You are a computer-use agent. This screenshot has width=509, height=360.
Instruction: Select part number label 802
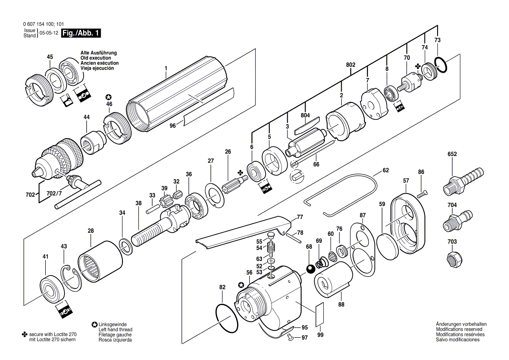click(350, 65)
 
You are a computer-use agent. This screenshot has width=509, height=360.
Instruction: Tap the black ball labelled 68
click(310, 269)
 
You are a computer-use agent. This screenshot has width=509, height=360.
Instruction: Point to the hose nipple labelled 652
click(463, 181)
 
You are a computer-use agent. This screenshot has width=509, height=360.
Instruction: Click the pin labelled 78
click(295, 238)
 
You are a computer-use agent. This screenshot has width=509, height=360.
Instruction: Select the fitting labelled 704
click(458, 219)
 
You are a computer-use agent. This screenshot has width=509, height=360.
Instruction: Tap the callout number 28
click(91, 231)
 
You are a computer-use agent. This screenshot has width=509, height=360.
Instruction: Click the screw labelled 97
click(291, 338)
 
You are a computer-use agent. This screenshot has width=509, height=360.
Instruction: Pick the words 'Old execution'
click(96, 58)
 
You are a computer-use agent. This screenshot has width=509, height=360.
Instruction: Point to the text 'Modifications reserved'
click(459, 329)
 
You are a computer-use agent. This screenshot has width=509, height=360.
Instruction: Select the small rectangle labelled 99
click(320, 313)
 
